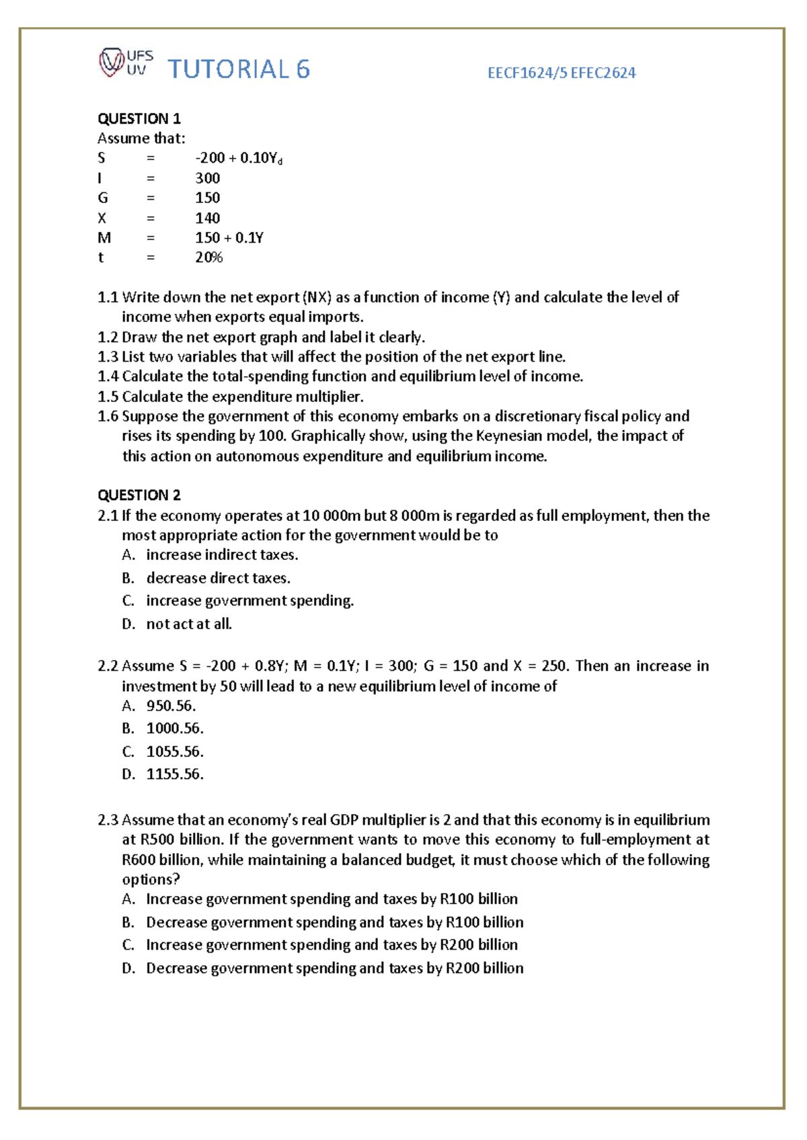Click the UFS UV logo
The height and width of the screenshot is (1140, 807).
click(x=126, y=63)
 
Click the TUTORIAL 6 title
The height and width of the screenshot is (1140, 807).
click(x=238, y=69)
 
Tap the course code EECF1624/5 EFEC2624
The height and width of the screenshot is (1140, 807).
click(x=561, y=73)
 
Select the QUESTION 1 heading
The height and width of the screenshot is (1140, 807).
click(x=139, y=119)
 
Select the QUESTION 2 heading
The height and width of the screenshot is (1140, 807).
click(x=139, y=495)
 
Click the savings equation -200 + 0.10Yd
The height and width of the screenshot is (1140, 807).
click(x=238, y=159)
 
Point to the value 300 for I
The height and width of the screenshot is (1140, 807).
click(x=207, y=178)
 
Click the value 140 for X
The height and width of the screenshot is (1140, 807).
click(x=207, y=218)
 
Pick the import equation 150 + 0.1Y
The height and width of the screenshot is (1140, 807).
click(x=229, y=238)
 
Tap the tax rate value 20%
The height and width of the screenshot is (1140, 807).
click(x=208, y=257)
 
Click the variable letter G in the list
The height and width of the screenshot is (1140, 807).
click(x=103, y=198)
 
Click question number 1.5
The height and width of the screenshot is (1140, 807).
click(x=108, y=397)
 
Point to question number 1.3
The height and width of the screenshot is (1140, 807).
click(x=108, y=357)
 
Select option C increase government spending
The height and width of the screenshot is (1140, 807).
click(x=249, y=601)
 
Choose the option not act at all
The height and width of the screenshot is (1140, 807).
click(x=189, y=624)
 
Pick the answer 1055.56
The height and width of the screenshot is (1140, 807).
click(x=175, y=751)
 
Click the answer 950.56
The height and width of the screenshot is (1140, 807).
click(x=171, y=706)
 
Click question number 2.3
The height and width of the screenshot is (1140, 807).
click(x=108, y=820)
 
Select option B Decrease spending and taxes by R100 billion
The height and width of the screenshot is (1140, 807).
click(x=334, y=922)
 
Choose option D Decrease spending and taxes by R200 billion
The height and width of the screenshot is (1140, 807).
click(x=334, y=968)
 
